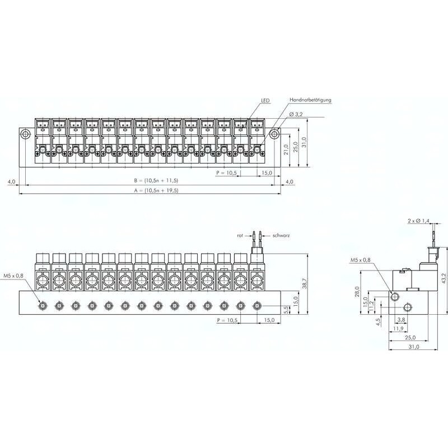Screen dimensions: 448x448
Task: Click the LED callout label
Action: (x=265, y=101)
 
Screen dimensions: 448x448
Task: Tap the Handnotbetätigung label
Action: (x=310, y=100)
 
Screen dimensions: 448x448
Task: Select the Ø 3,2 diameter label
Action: (x=296, y=114)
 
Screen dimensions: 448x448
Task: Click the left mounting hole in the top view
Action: (x=25, y=134)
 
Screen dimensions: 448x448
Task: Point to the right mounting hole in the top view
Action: (x=275, y=134)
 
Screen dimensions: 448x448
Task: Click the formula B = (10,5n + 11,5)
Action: (x=156, y=180)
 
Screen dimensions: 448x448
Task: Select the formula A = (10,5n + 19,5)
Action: (x=156, y=190)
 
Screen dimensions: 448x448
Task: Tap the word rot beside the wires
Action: (x=240, y=236)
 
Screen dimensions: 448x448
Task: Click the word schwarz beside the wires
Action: (x=281, y=236)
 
